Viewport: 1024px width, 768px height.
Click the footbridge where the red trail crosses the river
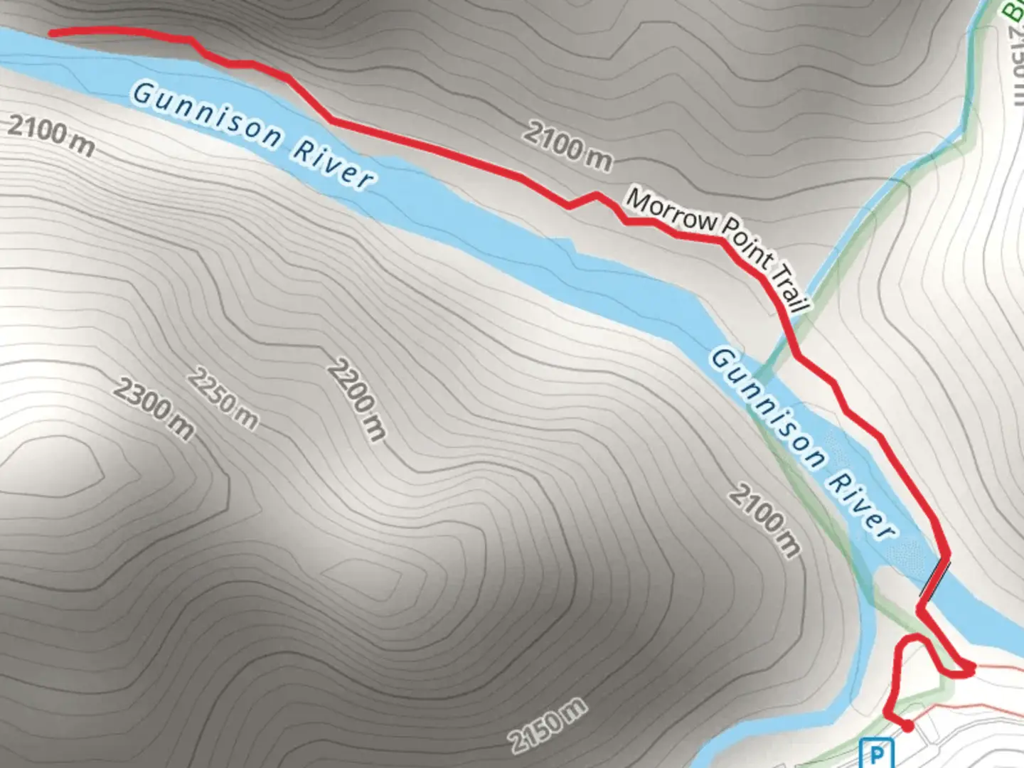coord(934,577)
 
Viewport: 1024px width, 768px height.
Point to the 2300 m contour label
coord(154,408)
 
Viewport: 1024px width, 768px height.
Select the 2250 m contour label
coord(223,400)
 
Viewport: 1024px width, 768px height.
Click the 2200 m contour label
coord(357,400)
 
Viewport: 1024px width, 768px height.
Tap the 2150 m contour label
coord(548,725)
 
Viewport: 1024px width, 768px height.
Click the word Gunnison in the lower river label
coord(768,408)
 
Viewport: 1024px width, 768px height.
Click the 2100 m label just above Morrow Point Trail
coord(567,146)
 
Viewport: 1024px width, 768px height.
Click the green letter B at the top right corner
coord(1013,10)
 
